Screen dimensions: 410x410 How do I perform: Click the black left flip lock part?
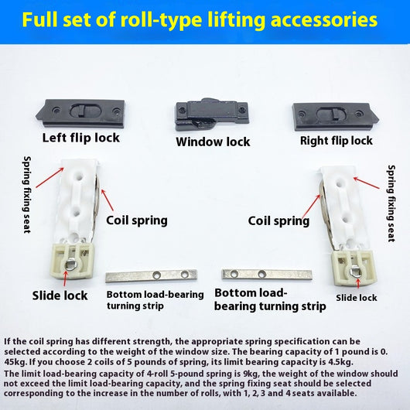coord(80,113)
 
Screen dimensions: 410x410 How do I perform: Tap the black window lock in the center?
coord(211,115)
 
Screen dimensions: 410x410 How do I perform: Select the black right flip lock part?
coord(336,116)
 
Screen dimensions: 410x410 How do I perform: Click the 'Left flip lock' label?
coord(81,138)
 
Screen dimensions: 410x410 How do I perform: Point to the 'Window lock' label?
coord(213,142)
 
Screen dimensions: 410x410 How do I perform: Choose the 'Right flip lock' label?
coord(337,141)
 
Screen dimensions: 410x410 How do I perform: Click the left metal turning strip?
coord(152,275)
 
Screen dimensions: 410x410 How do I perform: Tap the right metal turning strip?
coord(267,275)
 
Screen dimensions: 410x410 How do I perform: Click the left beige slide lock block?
coord(71,261)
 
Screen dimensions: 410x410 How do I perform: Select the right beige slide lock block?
coord(354,268)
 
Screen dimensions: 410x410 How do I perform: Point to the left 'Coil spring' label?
coord(137,220)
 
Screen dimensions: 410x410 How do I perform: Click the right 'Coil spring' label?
coord(278,221)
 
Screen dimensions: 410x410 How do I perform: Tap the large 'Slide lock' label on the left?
coord(60,296)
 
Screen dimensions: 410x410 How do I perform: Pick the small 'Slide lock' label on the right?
coord(357,298)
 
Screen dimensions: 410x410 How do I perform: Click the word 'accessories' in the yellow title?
coord(324,20)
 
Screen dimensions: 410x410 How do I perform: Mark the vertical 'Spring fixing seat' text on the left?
coord(27,194)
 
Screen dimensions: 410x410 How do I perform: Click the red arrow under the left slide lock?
coord(65,278)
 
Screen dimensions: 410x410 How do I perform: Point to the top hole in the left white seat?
coord(78,175)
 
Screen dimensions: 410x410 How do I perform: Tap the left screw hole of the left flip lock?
coord(56,110)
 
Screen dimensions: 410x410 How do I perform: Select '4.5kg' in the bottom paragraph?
coord(340,362)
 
